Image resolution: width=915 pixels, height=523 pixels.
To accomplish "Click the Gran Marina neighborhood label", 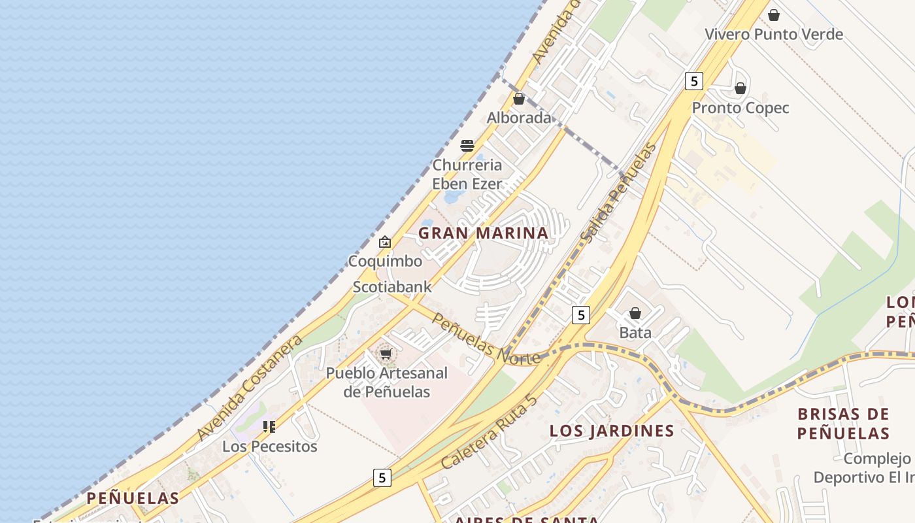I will (x=483, y=233).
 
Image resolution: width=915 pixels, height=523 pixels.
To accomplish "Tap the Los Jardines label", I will (x=612, y=431).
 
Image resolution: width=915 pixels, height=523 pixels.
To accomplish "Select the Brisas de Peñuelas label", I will (x=843, y=424).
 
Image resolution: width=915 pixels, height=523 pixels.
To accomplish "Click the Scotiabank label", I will (x=392, y=286).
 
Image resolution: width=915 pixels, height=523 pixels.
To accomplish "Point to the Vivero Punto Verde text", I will (x=774, y=34).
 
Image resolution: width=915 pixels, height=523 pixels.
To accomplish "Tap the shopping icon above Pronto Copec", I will (x=740, y=88).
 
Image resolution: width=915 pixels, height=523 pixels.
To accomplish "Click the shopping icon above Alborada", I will (x=519, y=99).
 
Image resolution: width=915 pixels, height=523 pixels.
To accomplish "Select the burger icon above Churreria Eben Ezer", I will (x=467, y=145).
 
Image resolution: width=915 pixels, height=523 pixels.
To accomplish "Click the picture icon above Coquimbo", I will (x=385, y=242).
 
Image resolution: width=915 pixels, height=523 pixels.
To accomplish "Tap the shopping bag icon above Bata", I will (x=635, y=314).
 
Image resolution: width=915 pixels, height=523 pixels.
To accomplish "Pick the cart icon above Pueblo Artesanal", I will (x=386, y=354).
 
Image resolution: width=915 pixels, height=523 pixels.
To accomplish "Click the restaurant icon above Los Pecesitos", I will (x=269, y=427).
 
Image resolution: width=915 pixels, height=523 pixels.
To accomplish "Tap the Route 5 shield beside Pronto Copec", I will (x=694, y=81).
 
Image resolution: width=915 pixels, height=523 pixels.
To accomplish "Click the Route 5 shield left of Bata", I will (x=581, y=315).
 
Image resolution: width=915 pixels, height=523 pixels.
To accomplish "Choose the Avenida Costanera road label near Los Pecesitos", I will (x=250, y=387).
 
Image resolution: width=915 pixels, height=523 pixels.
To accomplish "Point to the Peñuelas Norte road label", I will (x=486, y=339).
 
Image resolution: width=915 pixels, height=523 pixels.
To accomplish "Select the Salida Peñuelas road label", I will (x=618, y=194).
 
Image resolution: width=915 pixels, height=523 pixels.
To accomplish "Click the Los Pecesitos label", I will (x=270, y=447).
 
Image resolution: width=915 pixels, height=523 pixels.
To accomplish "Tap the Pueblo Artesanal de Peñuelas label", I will (x=387, y=382).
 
